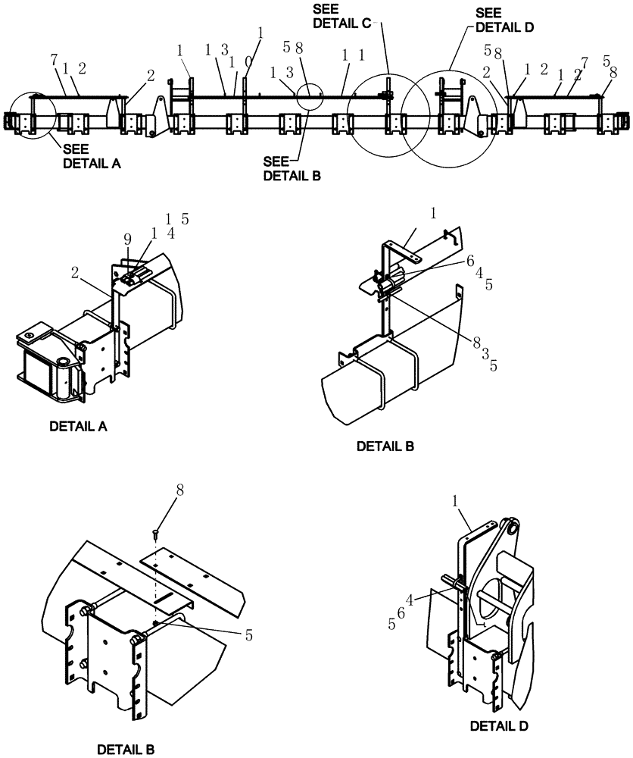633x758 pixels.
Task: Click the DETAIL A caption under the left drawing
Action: tap(78, 426)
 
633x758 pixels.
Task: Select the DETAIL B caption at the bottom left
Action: tap(126, 750)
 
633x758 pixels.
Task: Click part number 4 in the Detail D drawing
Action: tap(410, 600)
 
